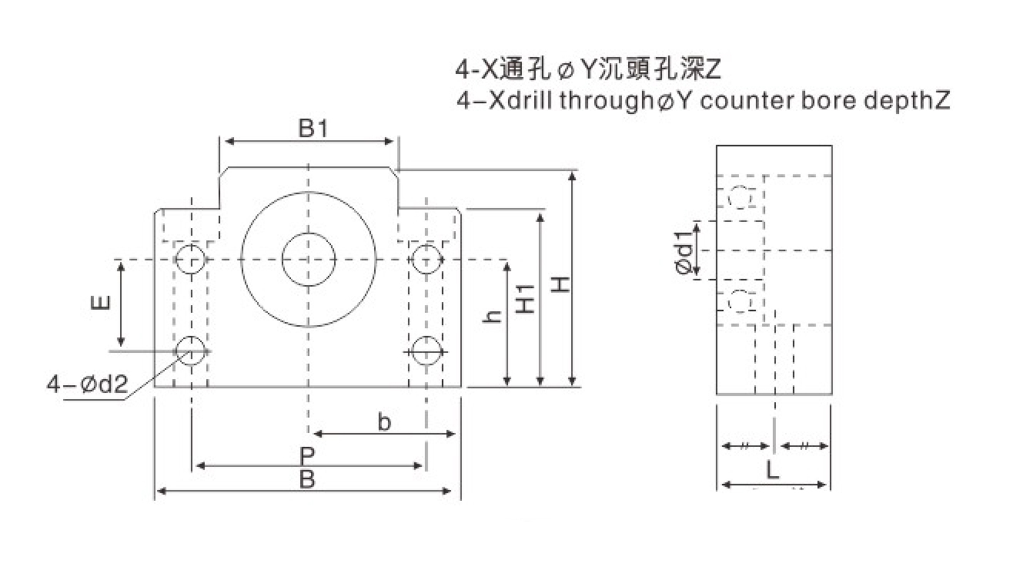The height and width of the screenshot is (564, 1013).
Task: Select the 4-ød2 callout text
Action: point(87,383)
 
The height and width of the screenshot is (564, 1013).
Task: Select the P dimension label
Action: point(307,455)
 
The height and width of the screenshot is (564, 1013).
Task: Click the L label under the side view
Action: point(773,471)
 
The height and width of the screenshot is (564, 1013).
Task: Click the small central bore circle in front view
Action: point(308,260)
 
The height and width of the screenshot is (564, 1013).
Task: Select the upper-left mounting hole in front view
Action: point(190,258)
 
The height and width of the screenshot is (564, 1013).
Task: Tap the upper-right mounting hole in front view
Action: point(425,258)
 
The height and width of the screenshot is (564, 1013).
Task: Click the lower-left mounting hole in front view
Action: point(190,351)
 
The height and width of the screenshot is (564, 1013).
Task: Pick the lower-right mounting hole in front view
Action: point(425,351)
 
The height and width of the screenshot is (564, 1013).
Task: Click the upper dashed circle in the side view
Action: point(740,197)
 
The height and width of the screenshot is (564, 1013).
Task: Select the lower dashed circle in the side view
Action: point(740,301)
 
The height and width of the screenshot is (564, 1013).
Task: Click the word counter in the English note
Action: point(731,100)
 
